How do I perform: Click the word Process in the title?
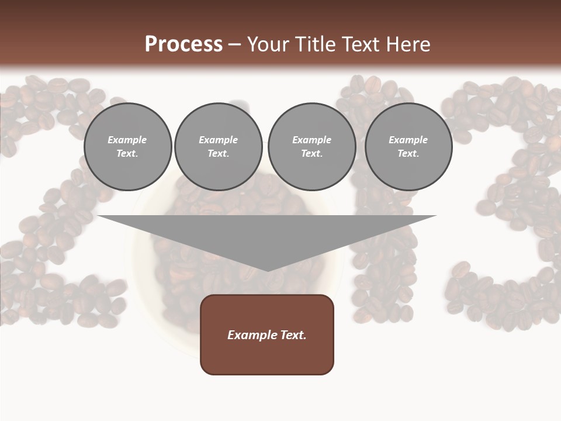pos(183,44)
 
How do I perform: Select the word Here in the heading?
pos(407,44)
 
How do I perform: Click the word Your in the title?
pos(266,44)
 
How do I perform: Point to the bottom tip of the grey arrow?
pos(267,270)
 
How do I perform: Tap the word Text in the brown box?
pos(293,335)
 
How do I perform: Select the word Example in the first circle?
pos(127,140)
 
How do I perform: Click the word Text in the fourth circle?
pos(408,153)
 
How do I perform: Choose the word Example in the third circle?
pos(311,140)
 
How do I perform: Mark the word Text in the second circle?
pos(218,153)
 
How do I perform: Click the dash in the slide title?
pos(234,44)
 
